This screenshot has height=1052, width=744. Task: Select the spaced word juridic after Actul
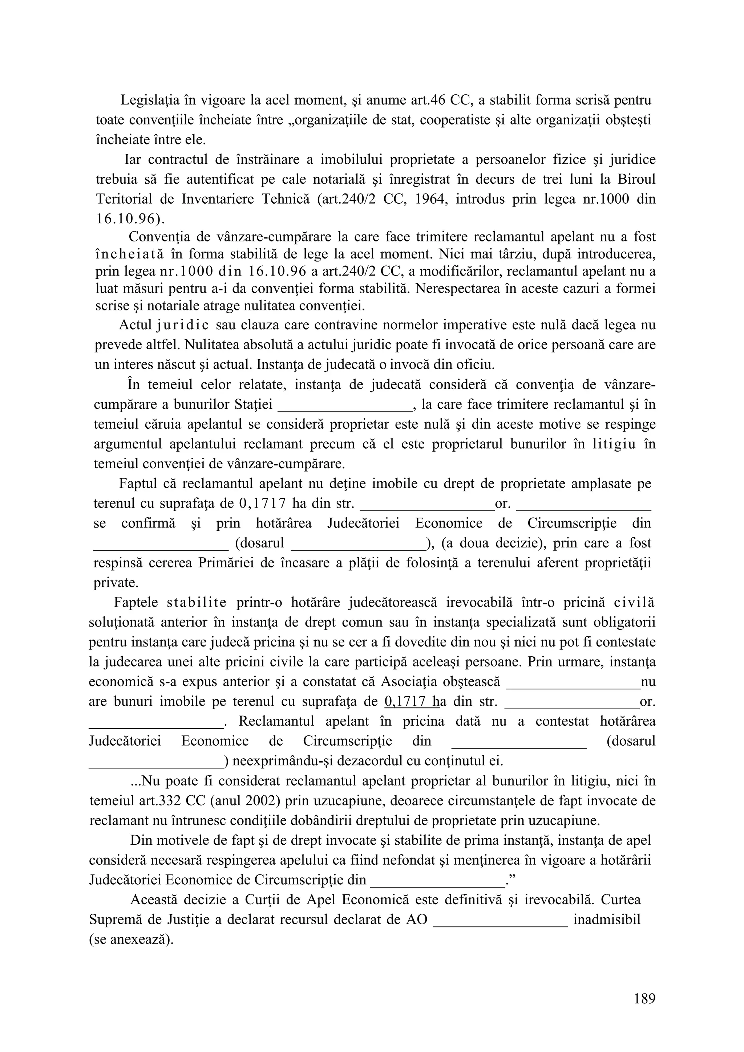(182, 325)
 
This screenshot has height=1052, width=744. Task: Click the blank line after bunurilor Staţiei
(345, 405)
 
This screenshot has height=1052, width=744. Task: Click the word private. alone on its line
(116, 583)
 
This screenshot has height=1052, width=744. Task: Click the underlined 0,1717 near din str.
(408, 701)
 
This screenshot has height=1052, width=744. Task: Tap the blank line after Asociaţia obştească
(573, 682)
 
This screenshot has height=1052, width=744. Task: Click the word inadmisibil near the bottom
(607, 919)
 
